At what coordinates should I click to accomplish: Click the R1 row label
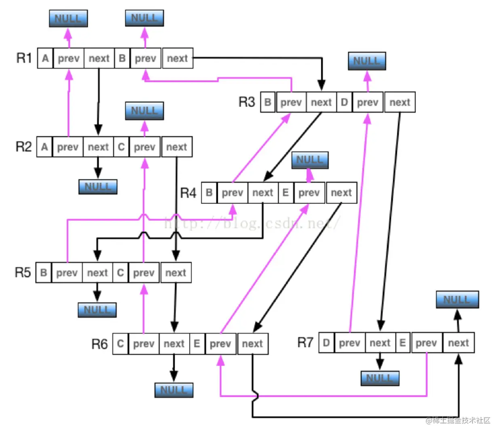pyautogui.click(x=24, y=58)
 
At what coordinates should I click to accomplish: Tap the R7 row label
pyautogui.click(x=305, y=343)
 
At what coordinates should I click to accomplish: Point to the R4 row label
pyautogui.click(x=188, y=193)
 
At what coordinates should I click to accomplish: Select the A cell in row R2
pyautogui.click(x=44, y=147)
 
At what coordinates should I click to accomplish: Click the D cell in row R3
pyautogui.click(x=344, y=103)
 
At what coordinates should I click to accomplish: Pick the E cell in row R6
pyautogui.click(x=197, y=344)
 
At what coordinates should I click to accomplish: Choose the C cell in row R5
pyautogui.click(x=120, y=273)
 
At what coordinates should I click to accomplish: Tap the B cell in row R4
pyautogui.click(x=209, y=193)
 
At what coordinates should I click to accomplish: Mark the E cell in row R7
pyautogui.click(x=403, y=343)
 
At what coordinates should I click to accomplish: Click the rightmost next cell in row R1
pyautogui.click(x=177, y=59)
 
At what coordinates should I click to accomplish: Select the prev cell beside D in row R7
pyautogui.click(x=350, y=343)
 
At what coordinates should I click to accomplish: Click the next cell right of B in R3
pyautogui.click(x=321, y=103)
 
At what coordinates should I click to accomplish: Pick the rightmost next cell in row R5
pyautogui.click(x=176, y=273)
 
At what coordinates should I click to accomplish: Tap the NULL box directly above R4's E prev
pyautogui.click(x=310, y=160)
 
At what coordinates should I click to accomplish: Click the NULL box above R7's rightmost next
pyautogui.click(x=457, y=300)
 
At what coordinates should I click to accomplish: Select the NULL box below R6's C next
pyautogui.click(x=174, y=390)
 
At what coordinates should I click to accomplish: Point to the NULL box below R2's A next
pyautogui.click(x=98, y=187)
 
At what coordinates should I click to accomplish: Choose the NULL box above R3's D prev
pyautogui.click(x=367, y=61)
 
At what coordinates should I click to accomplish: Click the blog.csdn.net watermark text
pyautogui.click(x=253, y=223)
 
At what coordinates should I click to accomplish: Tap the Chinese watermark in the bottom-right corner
pyautogui.click(x=458, y=421)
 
